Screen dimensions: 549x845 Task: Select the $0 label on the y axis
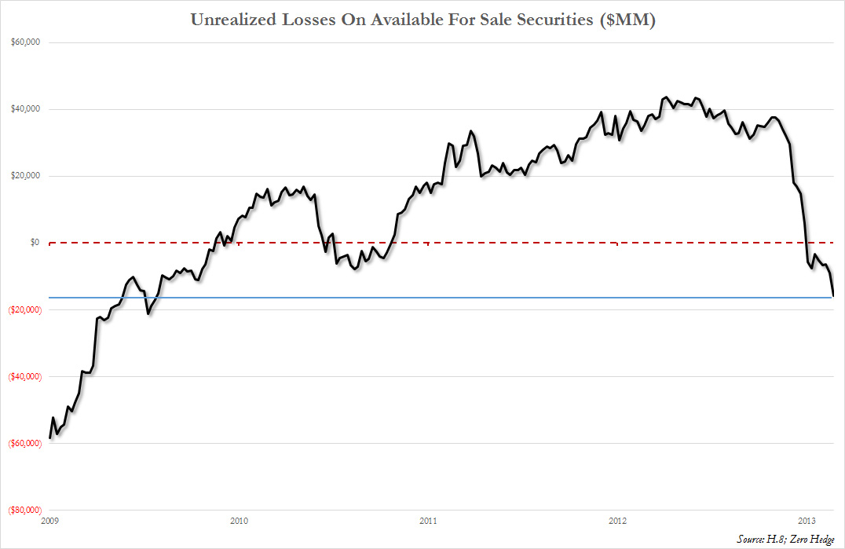[35, 243]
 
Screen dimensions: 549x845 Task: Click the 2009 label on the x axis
[49, 521]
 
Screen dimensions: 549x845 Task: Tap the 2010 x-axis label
[239, 521]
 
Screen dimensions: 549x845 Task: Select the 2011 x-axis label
[428, 521]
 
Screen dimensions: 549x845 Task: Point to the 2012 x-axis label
[618, 521]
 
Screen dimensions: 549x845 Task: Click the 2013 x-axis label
[807, 521]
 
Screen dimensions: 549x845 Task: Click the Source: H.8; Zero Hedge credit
[786, 538]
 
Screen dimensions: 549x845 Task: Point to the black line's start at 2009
[49, 437]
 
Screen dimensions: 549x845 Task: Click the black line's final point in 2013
[833, 296]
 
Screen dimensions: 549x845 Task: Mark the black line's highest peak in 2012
[665, 97]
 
